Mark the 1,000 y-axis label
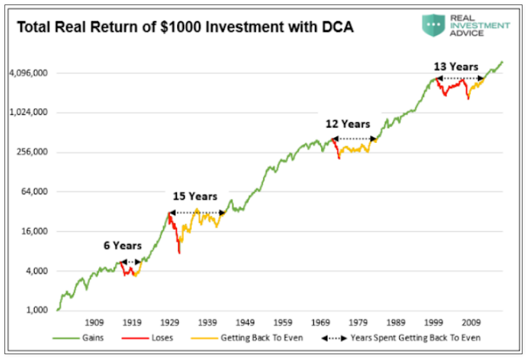click(37, 310)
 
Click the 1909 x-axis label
click(95, 322)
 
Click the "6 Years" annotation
click(122, 245)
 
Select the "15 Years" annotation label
click(195, 196)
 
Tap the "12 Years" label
click(347, 124)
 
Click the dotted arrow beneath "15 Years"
click(198, 213)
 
